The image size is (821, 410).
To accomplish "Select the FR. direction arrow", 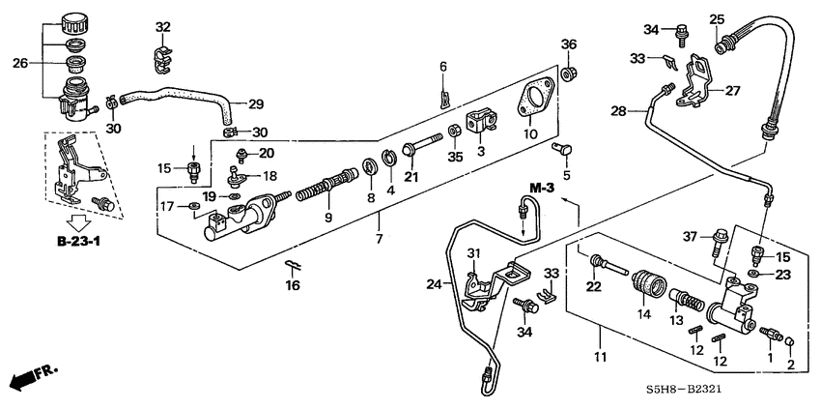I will pos(30,376).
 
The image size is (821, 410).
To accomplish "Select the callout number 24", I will pos(434,284).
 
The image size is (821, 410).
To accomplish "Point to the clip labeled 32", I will pos(161,56).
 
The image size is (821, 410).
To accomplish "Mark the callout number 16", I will pos(294,285).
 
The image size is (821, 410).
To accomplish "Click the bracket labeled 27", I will pos(696,78).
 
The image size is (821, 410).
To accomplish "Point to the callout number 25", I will pos(716,19).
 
